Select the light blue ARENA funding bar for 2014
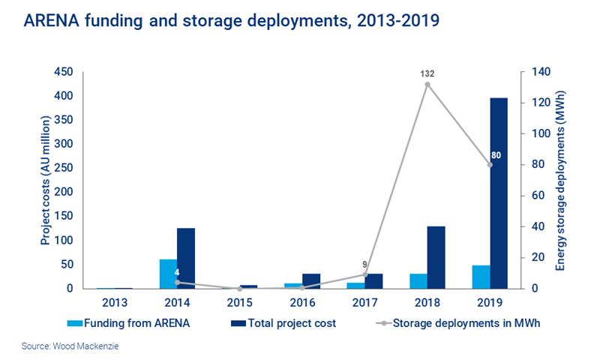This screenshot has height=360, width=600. point(168,274)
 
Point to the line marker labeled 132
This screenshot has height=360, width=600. point(427,85)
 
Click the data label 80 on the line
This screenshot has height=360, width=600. point(495,155)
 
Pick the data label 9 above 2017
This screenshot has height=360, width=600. point(364,264)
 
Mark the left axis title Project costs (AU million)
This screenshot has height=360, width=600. point(45,180)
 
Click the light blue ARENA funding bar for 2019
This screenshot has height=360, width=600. point(481,277)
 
